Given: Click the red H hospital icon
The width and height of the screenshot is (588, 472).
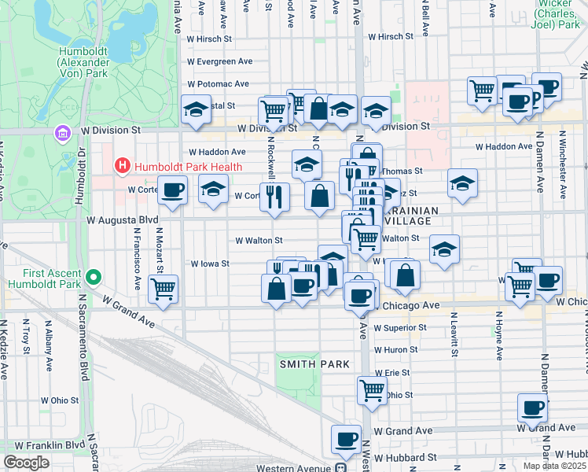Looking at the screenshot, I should coord(122,166).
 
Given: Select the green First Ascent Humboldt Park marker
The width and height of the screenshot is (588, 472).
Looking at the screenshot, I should coord(94,277).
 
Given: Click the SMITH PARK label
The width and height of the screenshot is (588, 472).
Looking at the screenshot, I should coord(309,363).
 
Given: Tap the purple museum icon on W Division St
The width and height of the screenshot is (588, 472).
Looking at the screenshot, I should coord(62,135).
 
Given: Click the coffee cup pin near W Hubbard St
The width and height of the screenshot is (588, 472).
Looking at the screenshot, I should coord(345,440).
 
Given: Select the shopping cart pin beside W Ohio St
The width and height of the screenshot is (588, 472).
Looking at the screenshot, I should coord(372,389).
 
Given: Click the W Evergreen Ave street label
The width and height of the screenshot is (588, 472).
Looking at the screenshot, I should coord(219,61).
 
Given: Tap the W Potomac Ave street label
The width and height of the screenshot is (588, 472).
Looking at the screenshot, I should coord(219,84).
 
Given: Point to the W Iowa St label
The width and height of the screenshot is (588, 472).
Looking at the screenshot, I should coord(210,264).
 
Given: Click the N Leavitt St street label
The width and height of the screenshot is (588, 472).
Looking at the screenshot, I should coord(454,329).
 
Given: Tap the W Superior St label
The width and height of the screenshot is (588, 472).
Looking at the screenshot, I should coord(400,327).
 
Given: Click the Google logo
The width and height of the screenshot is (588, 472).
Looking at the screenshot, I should coord(26,463).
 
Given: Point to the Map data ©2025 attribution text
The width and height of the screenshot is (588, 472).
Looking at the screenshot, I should coord(553,466).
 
